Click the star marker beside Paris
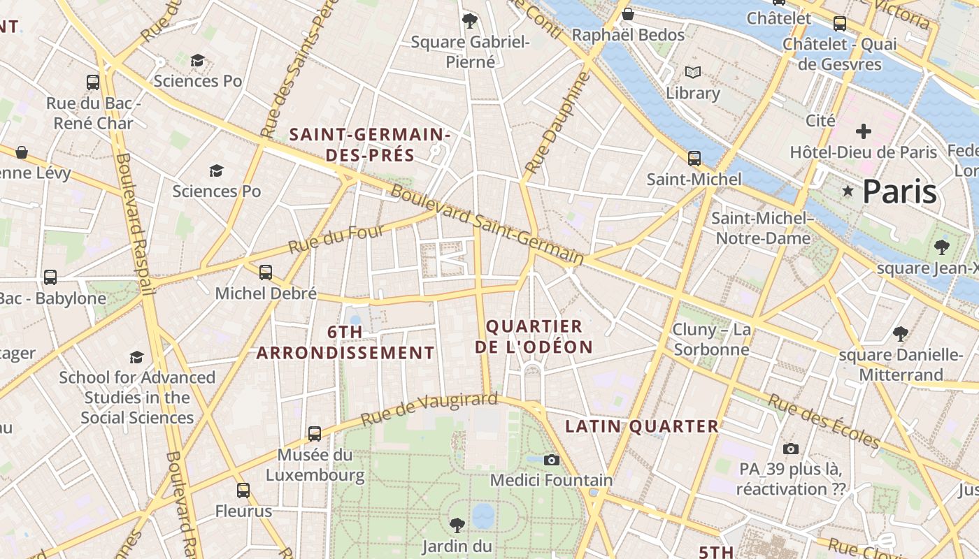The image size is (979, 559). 848,190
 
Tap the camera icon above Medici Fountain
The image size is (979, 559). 552,460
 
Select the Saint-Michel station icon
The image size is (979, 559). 694,159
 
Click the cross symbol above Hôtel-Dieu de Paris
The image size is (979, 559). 864,131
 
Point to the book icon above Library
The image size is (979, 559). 693,72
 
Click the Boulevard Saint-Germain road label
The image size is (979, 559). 487,224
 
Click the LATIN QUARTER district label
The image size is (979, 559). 642,426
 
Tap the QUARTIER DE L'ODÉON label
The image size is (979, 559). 534,336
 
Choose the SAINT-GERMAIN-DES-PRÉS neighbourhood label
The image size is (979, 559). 370,144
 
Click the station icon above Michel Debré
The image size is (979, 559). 266,273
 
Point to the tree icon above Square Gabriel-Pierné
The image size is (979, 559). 470,20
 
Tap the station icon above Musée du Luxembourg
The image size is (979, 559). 315,434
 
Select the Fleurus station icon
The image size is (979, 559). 243,491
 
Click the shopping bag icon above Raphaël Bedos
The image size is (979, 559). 628,14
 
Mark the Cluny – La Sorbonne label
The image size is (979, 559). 711,339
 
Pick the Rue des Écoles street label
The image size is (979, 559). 824,421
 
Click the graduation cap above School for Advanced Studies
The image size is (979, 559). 137,358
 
